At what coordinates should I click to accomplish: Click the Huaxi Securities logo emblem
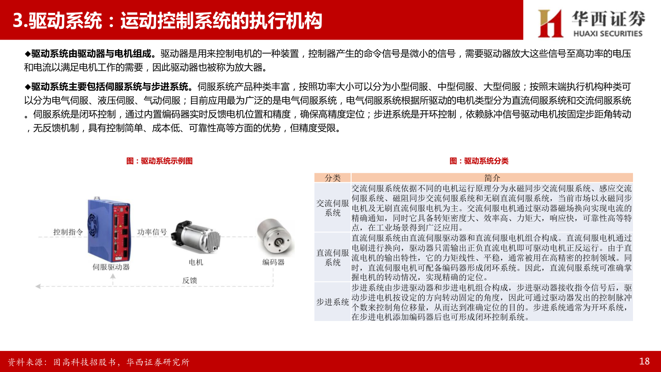click(550, 23)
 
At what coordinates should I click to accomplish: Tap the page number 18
click(644, 361)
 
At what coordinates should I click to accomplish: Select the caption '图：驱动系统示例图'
click(159, 161)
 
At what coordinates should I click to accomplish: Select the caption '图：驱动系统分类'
click(479, 161)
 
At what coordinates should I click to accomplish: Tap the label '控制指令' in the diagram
click(68, 232)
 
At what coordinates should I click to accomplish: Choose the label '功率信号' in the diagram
click(152, 232)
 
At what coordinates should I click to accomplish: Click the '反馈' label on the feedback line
click(190, 280)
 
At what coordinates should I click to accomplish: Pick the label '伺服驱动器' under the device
click(111, 267)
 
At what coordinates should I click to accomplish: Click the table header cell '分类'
click(332, 178)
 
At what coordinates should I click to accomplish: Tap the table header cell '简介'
click(492, 178)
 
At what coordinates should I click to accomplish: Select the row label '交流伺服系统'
click(332, 208)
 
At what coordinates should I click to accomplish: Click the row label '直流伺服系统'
click(332, 257)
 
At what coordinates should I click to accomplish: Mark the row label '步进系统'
click(332, 302)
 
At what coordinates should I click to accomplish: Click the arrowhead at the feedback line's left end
click(38, 286)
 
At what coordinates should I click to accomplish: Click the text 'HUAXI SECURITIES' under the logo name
click(608, 34)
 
